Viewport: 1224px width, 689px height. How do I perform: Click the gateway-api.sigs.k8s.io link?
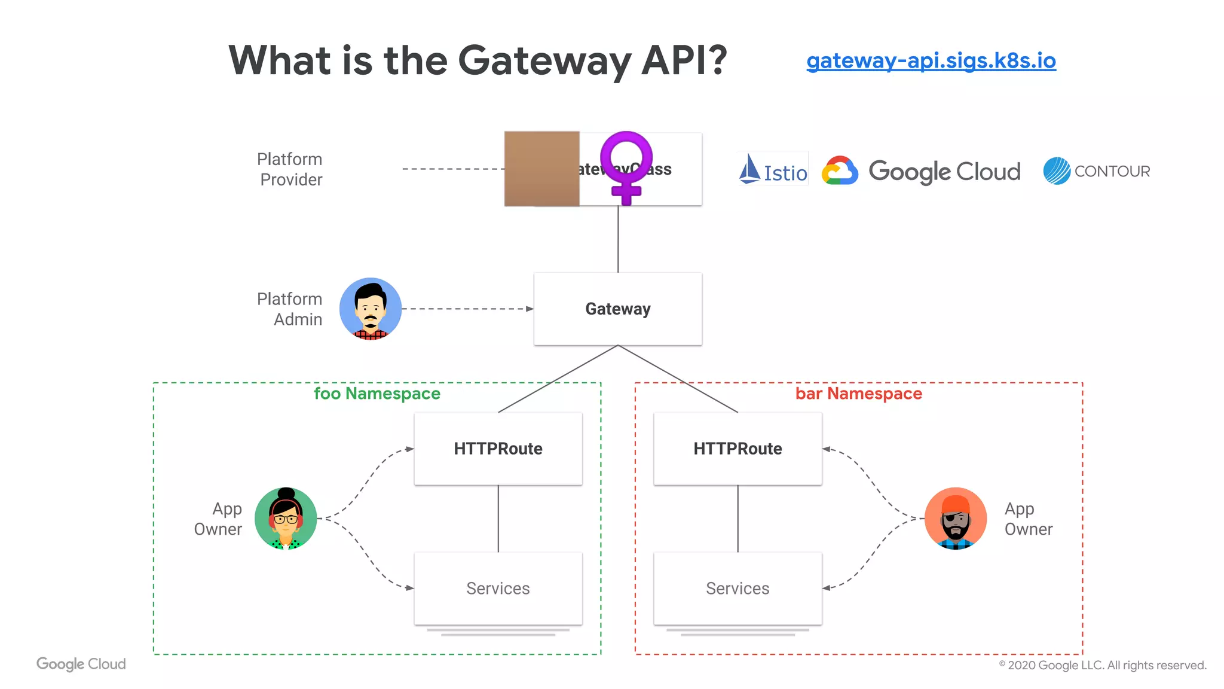pyautogui.click(x=931, y=61)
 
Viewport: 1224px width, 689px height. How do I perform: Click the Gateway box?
pyautogui.click(x=617, y=309)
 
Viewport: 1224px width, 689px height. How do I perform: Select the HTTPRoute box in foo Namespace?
pyautogui.click(x=498, y=449)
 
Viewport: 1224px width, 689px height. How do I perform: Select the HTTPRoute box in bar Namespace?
pyautogui.click(x=738, y=449)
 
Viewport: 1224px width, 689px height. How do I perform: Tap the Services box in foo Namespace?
pyautogui.click(x=498, y=589)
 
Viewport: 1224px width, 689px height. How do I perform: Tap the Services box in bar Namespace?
pyautogui.click(x=738, y=589)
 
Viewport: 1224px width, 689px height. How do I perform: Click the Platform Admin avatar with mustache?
pyautogui.click(x=371, y=309)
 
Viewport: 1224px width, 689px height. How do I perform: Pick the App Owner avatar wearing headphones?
pyautogui.click(x=286, y=519)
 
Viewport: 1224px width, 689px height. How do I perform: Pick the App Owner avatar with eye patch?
pyautogui.click(x=955, y=519)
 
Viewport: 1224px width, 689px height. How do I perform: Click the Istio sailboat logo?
pyautogui.click(x=750, y=169)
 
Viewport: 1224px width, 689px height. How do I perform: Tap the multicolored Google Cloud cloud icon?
pyautogui.click(x=840, y=171)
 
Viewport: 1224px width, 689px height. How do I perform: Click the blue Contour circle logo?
pyautogui.click(x=1057, y=171)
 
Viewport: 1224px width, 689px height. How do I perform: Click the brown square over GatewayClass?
pyautogui.click(x=541, y=169)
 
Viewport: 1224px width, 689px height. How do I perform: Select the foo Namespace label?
pyautogui.click(x=377, y=394)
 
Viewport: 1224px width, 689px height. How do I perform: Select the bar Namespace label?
pyautogui.click(x=858, y=394)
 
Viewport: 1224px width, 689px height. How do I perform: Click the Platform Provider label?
pyautogui.click(x=290, y=169)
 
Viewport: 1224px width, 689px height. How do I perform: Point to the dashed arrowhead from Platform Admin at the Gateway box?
pyautogui.click(x=530, y=309)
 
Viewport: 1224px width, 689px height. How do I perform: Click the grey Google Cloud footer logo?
pyautogui.click(x=81, y=664)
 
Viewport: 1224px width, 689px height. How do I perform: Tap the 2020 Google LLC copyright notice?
pyautogui.click(x=1102, y=665)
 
